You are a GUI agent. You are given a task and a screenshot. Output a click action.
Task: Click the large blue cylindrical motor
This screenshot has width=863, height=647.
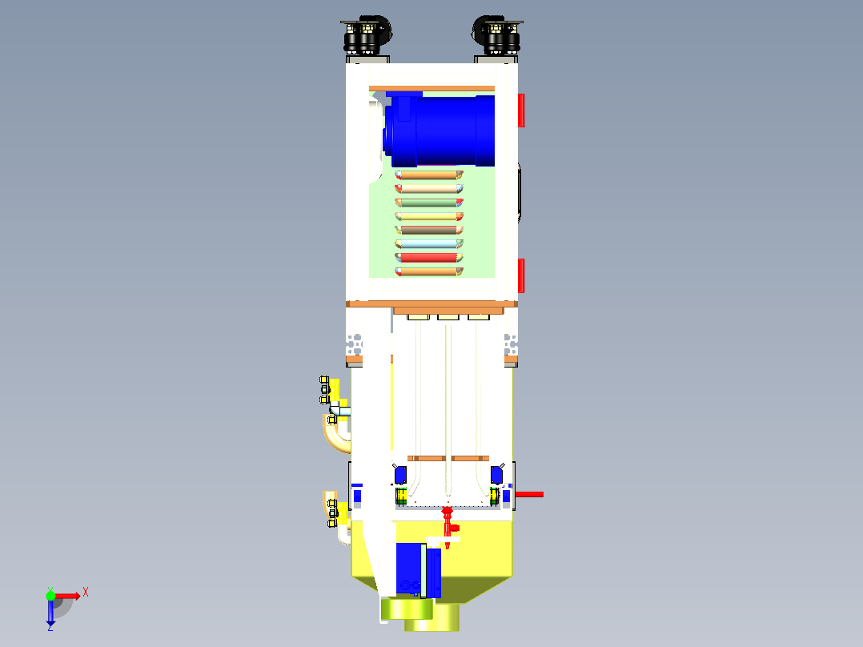444,130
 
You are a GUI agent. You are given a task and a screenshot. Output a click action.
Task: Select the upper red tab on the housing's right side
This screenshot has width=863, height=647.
521,110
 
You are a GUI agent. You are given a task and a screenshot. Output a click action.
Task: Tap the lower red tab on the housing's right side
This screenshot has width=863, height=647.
521,275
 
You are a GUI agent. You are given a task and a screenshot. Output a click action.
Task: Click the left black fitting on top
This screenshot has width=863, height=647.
367,35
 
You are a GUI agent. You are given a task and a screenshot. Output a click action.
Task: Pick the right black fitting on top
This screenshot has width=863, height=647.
498,35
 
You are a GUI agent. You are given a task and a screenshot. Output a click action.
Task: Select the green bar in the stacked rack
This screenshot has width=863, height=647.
429,202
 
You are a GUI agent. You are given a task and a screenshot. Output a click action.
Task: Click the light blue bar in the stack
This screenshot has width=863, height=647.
429,243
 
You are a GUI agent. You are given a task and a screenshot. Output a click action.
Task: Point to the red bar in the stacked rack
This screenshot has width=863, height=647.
429,257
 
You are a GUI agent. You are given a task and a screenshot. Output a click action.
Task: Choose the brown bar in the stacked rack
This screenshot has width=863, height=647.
429,230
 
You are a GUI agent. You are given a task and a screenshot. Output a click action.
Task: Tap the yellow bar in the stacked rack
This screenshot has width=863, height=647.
429,216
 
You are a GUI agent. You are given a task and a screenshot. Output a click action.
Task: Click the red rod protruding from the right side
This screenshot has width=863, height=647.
528,494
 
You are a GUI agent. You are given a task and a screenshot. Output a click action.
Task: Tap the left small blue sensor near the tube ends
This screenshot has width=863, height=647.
400,475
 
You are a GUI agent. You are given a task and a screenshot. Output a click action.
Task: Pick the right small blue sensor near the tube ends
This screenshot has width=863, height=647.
496,475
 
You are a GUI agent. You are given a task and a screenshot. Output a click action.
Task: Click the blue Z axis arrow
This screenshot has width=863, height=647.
50,613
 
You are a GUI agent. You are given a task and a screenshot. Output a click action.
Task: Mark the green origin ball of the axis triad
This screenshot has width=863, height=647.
50,595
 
